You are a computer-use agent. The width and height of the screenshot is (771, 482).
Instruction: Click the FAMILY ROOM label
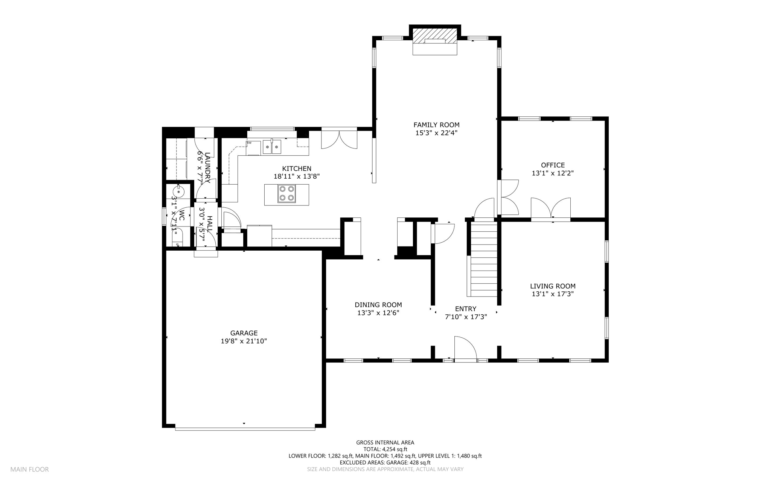436,125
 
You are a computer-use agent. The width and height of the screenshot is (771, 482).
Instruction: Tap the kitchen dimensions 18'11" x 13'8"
297,176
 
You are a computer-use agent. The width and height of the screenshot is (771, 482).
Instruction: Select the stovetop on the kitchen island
286,194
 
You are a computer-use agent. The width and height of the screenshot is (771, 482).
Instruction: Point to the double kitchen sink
272,147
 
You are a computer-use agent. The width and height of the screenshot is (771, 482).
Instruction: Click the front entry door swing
466,349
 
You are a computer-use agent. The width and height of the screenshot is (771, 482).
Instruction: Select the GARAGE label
244,333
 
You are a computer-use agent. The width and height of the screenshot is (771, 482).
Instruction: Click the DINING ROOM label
378,305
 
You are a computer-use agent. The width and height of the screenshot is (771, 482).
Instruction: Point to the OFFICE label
553,165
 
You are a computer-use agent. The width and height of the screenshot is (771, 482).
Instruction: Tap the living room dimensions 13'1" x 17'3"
553,294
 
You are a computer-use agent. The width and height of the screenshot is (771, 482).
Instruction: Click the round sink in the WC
178,192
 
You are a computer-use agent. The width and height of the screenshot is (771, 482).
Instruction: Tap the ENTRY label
466,309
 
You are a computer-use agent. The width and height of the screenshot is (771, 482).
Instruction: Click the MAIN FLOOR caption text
29,470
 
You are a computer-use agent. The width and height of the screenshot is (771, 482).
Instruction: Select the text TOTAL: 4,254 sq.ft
385,449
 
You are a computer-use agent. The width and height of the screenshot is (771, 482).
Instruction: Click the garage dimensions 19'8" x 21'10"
244,341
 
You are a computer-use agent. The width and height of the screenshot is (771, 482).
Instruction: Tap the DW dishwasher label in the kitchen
249,143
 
